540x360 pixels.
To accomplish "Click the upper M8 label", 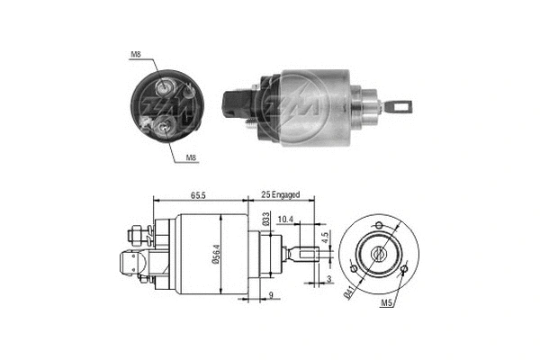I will pos(136,54).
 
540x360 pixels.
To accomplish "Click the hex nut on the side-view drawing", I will pos(137,237).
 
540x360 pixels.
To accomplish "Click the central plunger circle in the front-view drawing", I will pos(378,252).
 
